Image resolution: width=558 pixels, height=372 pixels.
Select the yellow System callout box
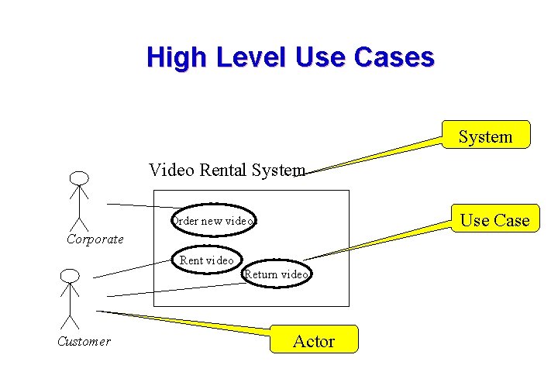pyautogui.click(x=485, y=135)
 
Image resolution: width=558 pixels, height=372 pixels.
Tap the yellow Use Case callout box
pyautogui.click(x=494, y=219)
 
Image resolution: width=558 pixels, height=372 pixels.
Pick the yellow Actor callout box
pyautogui.click(x=314, y=339)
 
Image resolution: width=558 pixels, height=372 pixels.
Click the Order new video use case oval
pyautogui.click(x=214, y=221)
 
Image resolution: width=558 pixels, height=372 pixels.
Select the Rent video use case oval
pyautogui.click(x=206, y=260)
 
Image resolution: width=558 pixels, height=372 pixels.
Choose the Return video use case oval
pyautogui.click(x=277, y=274)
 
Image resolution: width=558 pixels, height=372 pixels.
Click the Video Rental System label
pyautogui.click(x=226, y=170)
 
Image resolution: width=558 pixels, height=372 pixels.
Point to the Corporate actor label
pyautogui.click(x=95, y=239)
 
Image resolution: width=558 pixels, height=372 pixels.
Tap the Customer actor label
pyautogui.click(x=84, y=341)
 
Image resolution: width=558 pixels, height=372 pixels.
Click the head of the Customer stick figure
pyautogui.click(x=70, y=275)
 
